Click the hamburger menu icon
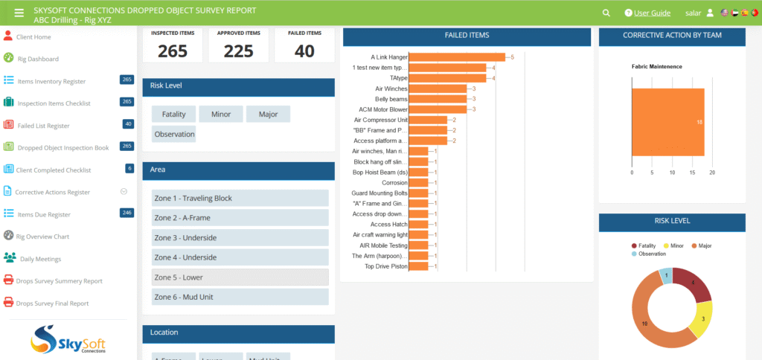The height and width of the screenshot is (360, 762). click(x=19, y=13)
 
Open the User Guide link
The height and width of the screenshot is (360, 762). click(x=651, y=13)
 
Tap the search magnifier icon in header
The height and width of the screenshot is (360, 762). click(x=606, y=13)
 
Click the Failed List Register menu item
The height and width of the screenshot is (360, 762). click(x=43, y=126)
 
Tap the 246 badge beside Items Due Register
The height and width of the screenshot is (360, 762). click(x=127, y=213)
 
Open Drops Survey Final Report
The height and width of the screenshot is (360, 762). click(x=52, y=303)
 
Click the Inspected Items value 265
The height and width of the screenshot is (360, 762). click(x=173, y=51)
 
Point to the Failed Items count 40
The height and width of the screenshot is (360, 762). click(x=304, y=51)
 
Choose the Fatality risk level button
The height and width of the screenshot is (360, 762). click(x=173, y=115)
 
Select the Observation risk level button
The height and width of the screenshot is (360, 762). click(x=173, y=135)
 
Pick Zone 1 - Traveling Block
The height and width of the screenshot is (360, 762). click(x=240, y=199)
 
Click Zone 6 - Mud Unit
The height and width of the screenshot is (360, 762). click(x=240, y=297)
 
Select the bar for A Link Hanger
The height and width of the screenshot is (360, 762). click(x=457, y=57)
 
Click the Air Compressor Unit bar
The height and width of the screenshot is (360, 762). click(x=428, y=120)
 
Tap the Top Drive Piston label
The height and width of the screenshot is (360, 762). click(x=385, y=266)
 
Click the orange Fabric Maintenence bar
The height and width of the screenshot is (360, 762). click(x=667, y=122)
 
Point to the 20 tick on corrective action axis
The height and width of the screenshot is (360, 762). click(x=712, y=173)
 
